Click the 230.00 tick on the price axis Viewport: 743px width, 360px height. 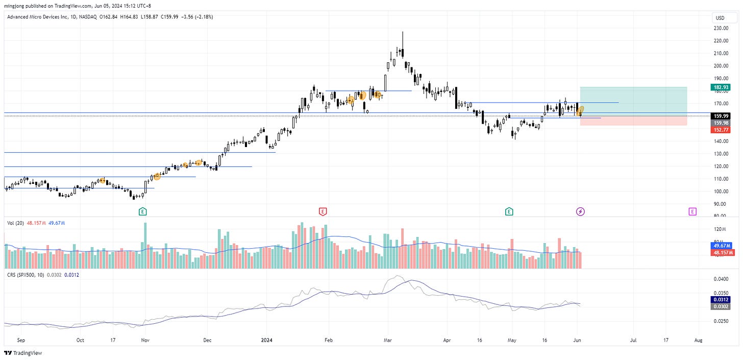pos(721,28)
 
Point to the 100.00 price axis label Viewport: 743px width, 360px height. pos(721,191)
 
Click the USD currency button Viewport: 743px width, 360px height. pos(720,18)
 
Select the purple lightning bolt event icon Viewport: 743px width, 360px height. pos(580,211)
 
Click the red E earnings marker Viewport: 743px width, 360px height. pos(323,211)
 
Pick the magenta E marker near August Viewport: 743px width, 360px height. pos(692,211)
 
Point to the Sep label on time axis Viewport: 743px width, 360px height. pos(21,339)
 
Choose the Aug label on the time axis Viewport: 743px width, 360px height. pos(699,339)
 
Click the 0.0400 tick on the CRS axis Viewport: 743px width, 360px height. pos(721,279)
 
